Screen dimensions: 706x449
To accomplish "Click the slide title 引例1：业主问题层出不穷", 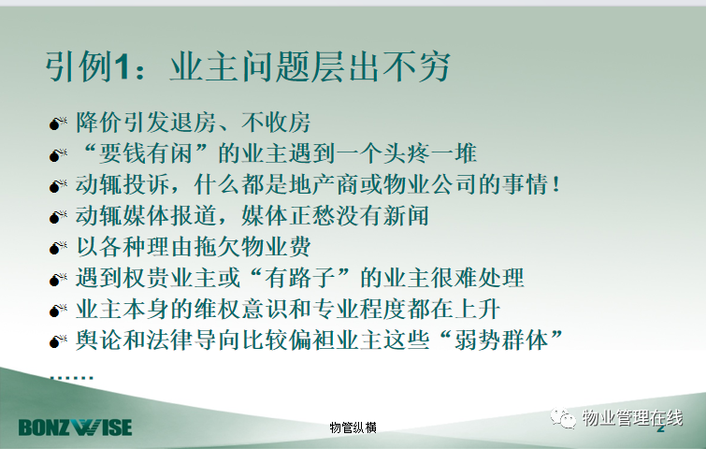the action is [x=248, y=67].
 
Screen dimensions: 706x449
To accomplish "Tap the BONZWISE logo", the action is [x=75, y=427].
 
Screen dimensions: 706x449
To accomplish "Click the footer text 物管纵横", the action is [x=353, y=427].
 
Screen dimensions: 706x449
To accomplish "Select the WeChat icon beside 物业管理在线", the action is [x=563, y=418].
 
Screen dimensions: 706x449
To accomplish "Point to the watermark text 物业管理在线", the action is [x=633, y=418].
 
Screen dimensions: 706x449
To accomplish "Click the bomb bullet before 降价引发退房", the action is [x=58, y=123].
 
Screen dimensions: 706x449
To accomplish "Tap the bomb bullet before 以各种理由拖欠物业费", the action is [x=58, y=247].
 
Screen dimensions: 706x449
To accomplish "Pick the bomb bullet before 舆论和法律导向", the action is [x=58, y=340].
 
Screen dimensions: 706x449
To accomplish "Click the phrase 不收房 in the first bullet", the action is [x=276, y=123].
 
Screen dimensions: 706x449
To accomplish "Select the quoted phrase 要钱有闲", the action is [x=147, y=153].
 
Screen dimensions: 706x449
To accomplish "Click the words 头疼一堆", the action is [x=429, y=153].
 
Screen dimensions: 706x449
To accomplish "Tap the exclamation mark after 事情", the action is [x=556, y=184].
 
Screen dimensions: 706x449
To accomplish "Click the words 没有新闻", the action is [x=382, y=215].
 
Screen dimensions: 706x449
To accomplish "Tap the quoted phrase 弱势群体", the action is [x=501, y=340].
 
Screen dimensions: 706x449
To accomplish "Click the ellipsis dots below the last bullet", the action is [x=72, y=376].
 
